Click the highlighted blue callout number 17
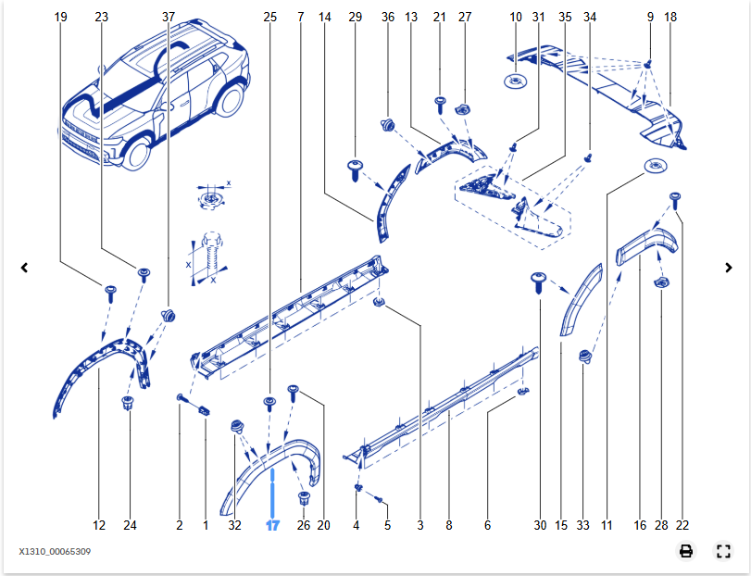(x=272, y=525)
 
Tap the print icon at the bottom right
(x=686, y=551)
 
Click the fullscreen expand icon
(x=724, y=551)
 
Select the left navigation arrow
(x=24, y=268)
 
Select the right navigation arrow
(x=729, y=268)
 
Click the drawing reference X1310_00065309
(x=55, y=552)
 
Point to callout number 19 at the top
(x=61, y=17)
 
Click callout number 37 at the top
(x=168, y=17)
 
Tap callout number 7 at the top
(x=301, y=17)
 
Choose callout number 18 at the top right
(x=670, y=17)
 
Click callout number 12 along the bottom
(x=99, y=525)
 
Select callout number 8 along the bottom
(x=449, y=525)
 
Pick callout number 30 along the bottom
(x=540, y=525)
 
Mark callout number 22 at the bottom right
(x=683, y=525)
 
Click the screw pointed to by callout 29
(x=354, y=167)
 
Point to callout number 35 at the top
(x=565, y=17)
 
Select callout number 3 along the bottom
(x=419, y=525)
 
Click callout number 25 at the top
(x=269, y=17)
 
